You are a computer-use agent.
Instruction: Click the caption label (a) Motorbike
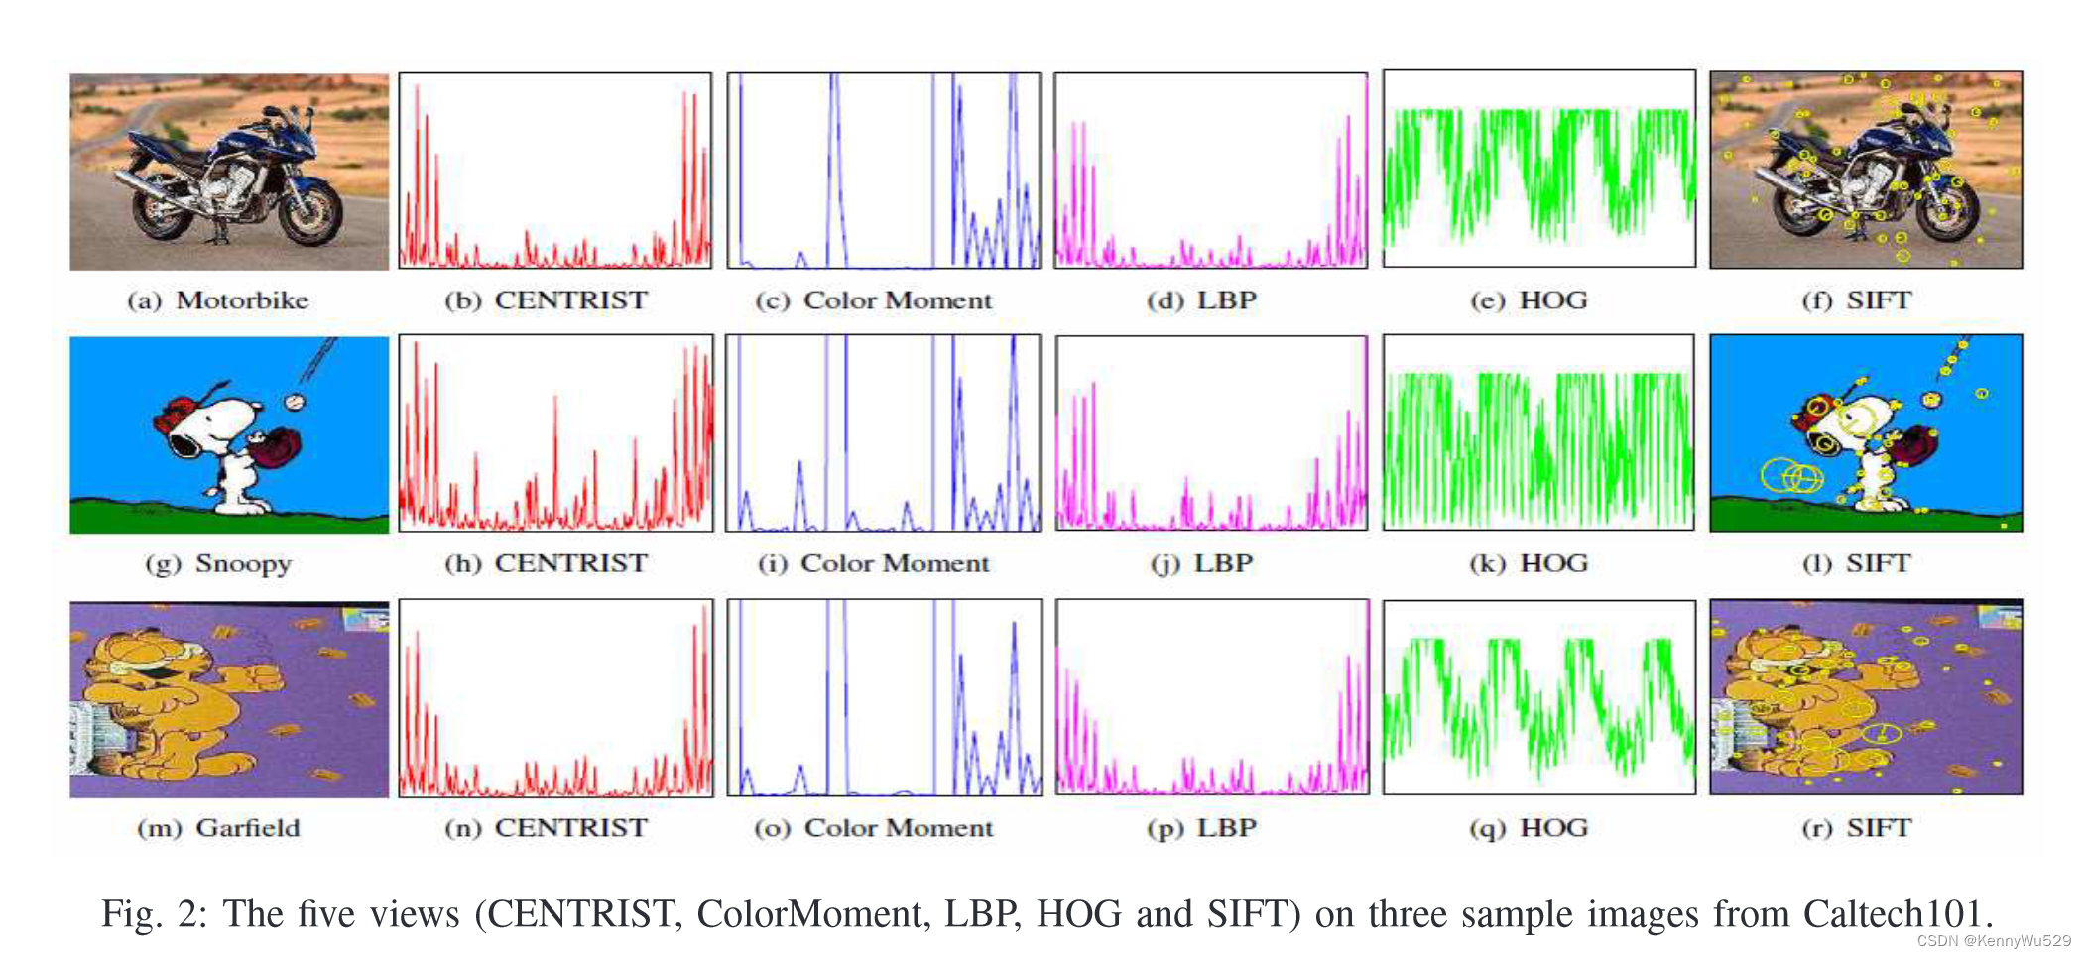[x=218, y=300]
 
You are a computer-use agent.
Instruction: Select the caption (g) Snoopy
[x=218, y=564]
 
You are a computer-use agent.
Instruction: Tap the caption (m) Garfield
[x=218, y=828]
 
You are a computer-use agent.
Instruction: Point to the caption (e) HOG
[x=1529, y=300]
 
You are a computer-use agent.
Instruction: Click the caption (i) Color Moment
[x=874, y=564]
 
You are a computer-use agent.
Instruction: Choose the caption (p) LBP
[x=1202, y=828]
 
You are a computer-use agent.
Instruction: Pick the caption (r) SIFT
[x=1857, y=828]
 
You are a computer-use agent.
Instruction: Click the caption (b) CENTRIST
[x=547, y=300]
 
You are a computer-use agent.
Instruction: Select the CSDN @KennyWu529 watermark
[x=1994, y=941]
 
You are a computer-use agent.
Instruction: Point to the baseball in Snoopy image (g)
[x=295, y=402]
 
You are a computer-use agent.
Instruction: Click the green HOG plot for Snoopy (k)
[x=1538, y=433]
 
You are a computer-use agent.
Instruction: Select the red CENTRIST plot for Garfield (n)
[x=555, y=698]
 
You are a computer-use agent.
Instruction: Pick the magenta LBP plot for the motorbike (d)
[x=1210, y=171]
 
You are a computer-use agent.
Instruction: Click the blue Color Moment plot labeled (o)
[x=884, y=698]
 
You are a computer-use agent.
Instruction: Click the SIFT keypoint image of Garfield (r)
[x=1866, y=698]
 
